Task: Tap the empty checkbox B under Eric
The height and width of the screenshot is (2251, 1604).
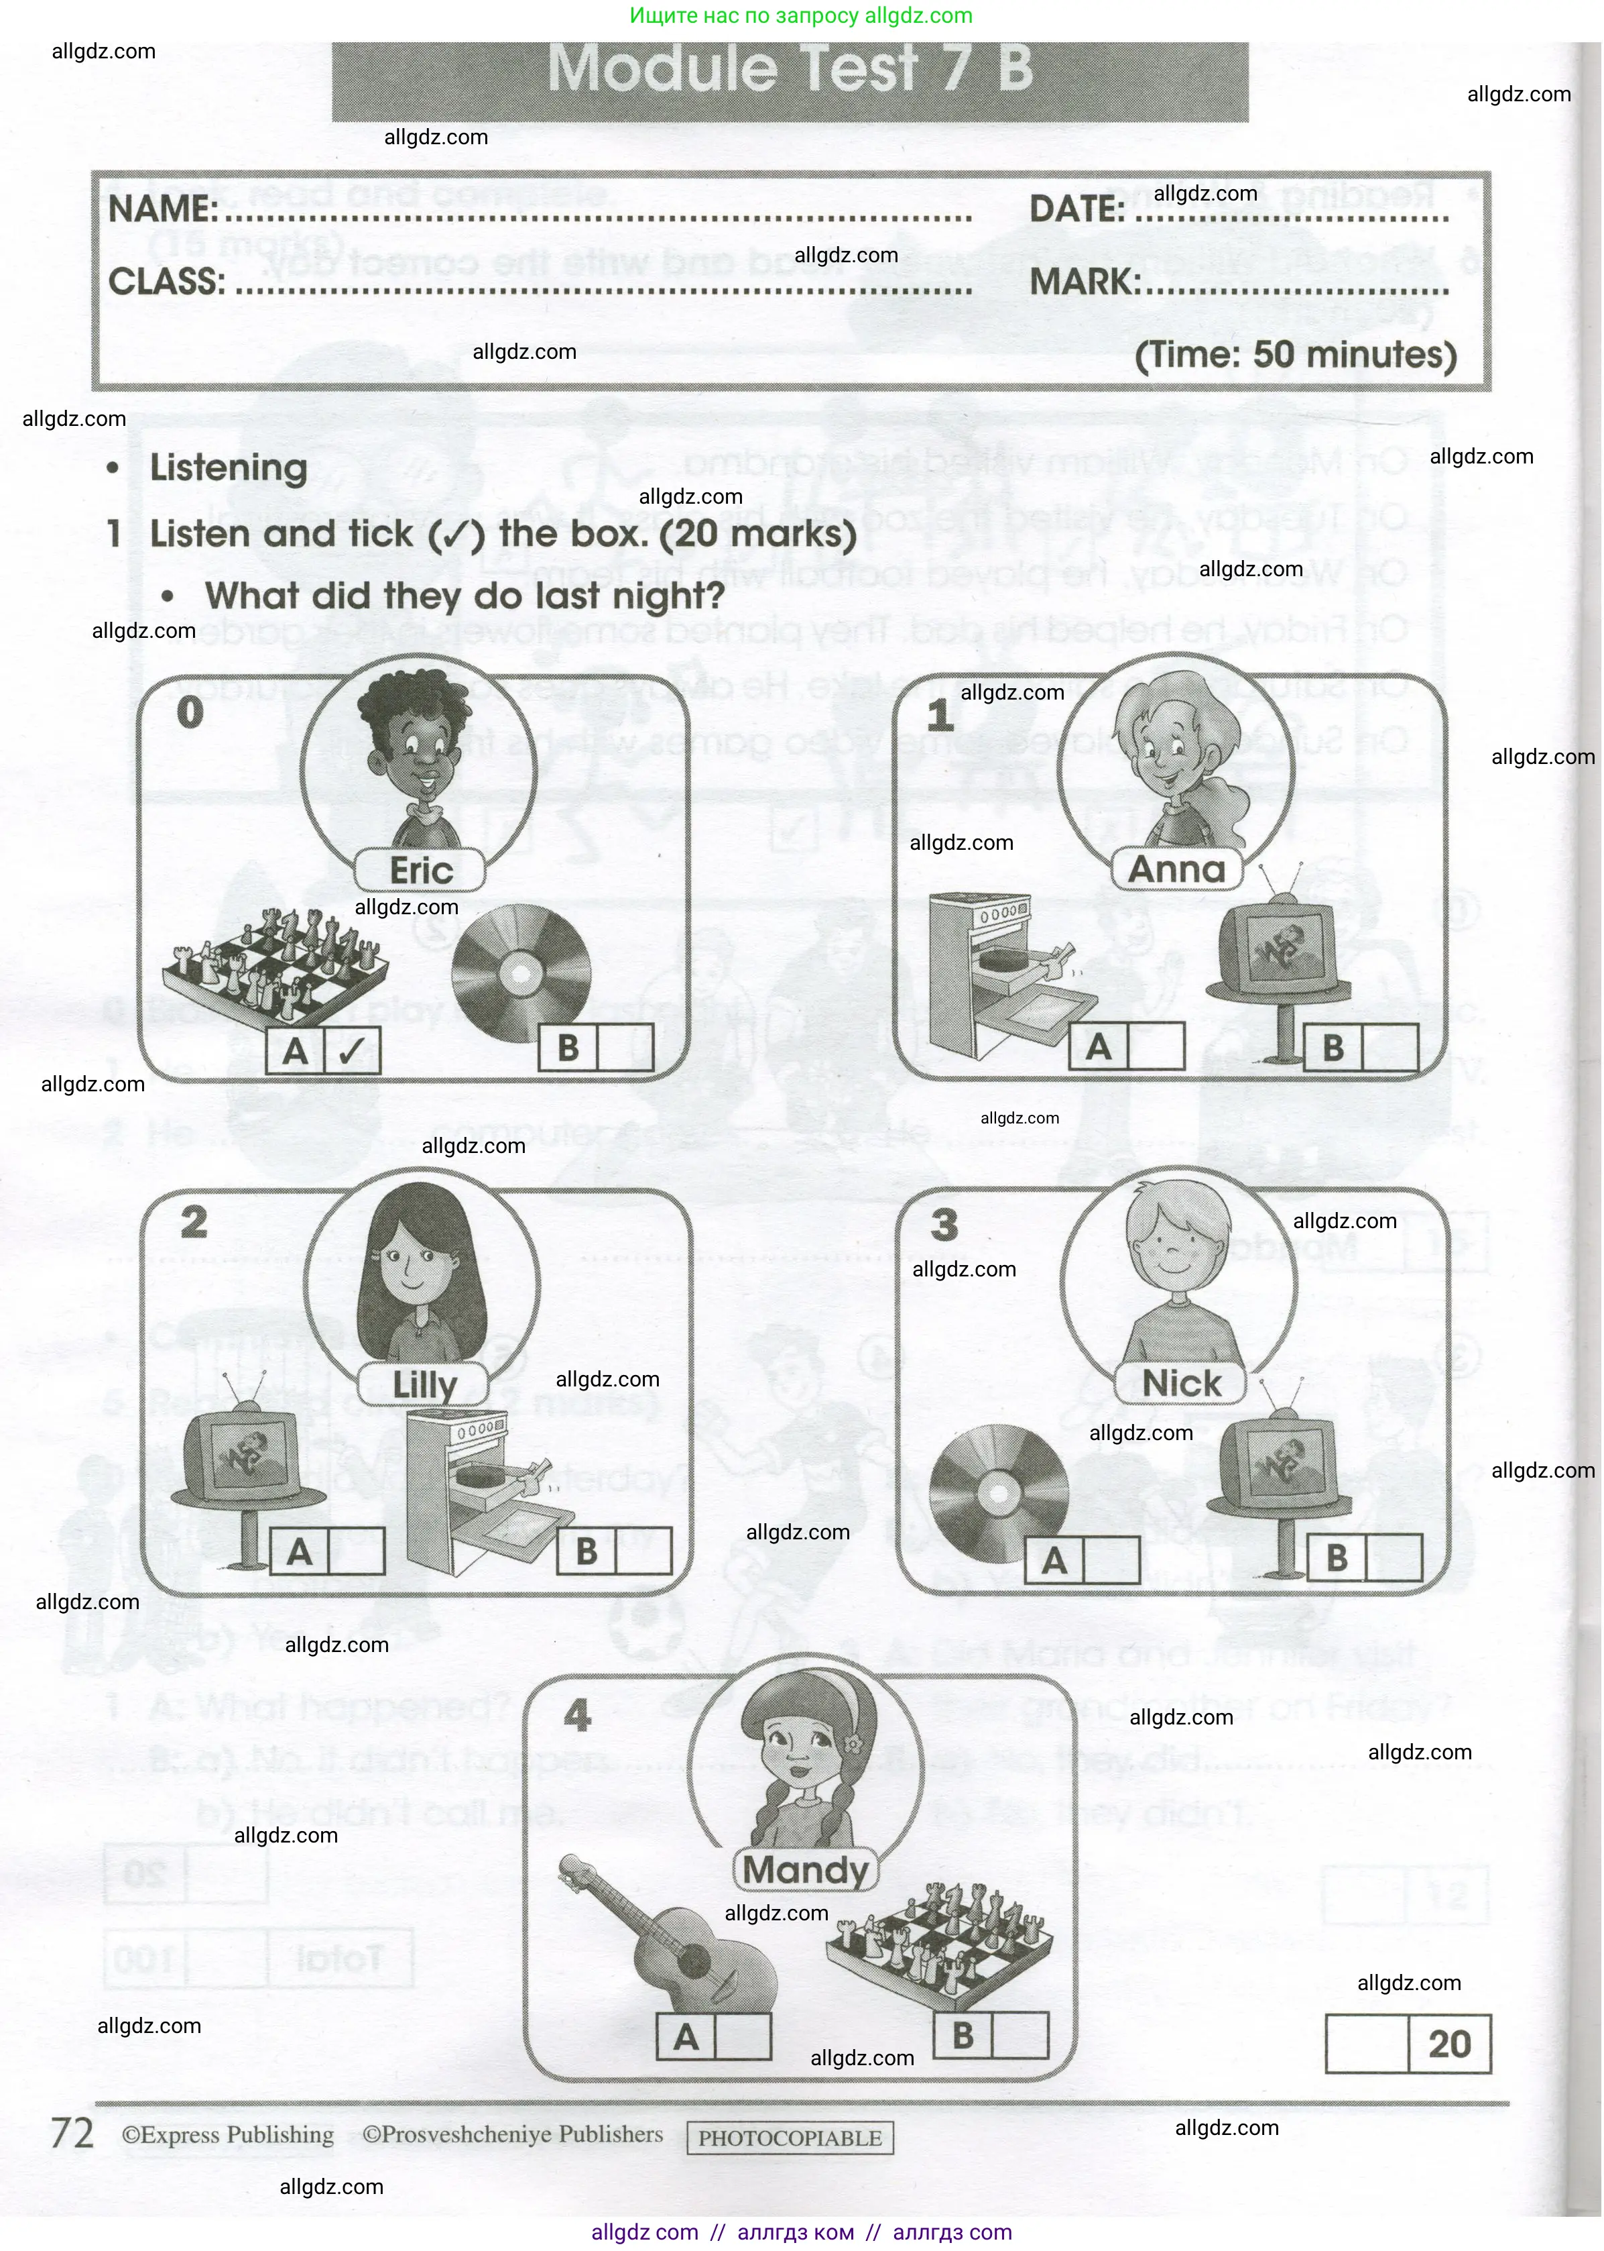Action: [624, 1048]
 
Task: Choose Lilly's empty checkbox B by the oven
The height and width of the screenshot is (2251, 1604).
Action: [643, 1551]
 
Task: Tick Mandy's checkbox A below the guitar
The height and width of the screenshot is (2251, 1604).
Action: [742, 2038]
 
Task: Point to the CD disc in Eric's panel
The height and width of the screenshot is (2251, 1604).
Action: [521, 973]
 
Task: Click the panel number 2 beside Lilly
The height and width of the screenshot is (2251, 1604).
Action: [194, 1222]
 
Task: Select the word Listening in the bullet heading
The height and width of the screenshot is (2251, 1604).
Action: [228, 468]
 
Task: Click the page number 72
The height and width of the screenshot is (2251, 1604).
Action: [72, 2134]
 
